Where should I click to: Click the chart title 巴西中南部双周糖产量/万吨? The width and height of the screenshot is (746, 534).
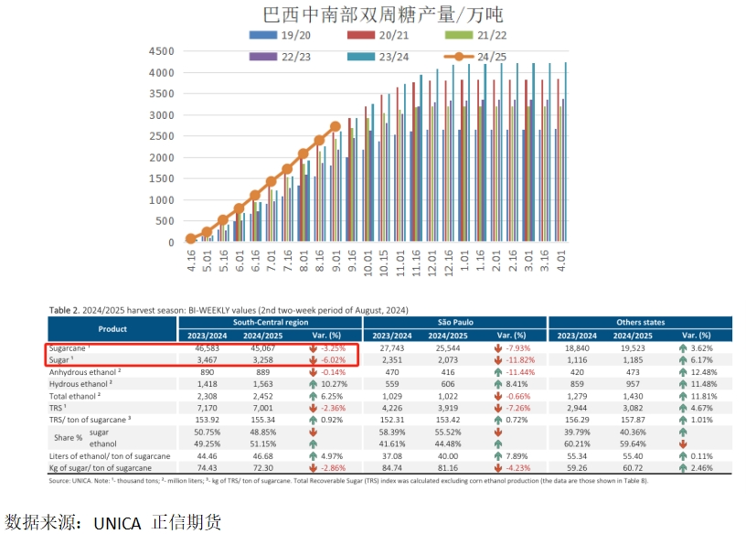coord(382,15)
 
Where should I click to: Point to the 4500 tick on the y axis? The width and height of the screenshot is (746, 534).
coord(160,51)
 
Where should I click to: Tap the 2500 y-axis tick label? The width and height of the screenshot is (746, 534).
coord(160,136)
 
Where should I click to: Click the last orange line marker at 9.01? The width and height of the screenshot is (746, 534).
coord(336,126)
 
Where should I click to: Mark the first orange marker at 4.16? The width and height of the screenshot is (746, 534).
coord(190,239)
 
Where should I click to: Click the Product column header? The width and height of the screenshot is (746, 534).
coord(112,328)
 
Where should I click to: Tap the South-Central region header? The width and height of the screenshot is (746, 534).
coord(271,322)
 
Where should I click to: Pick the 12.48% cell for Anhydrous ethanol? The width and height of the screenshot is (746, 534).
coord(703,373)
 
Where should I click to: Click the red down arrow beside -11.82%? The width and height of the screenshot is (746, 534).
coord(496,361)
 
